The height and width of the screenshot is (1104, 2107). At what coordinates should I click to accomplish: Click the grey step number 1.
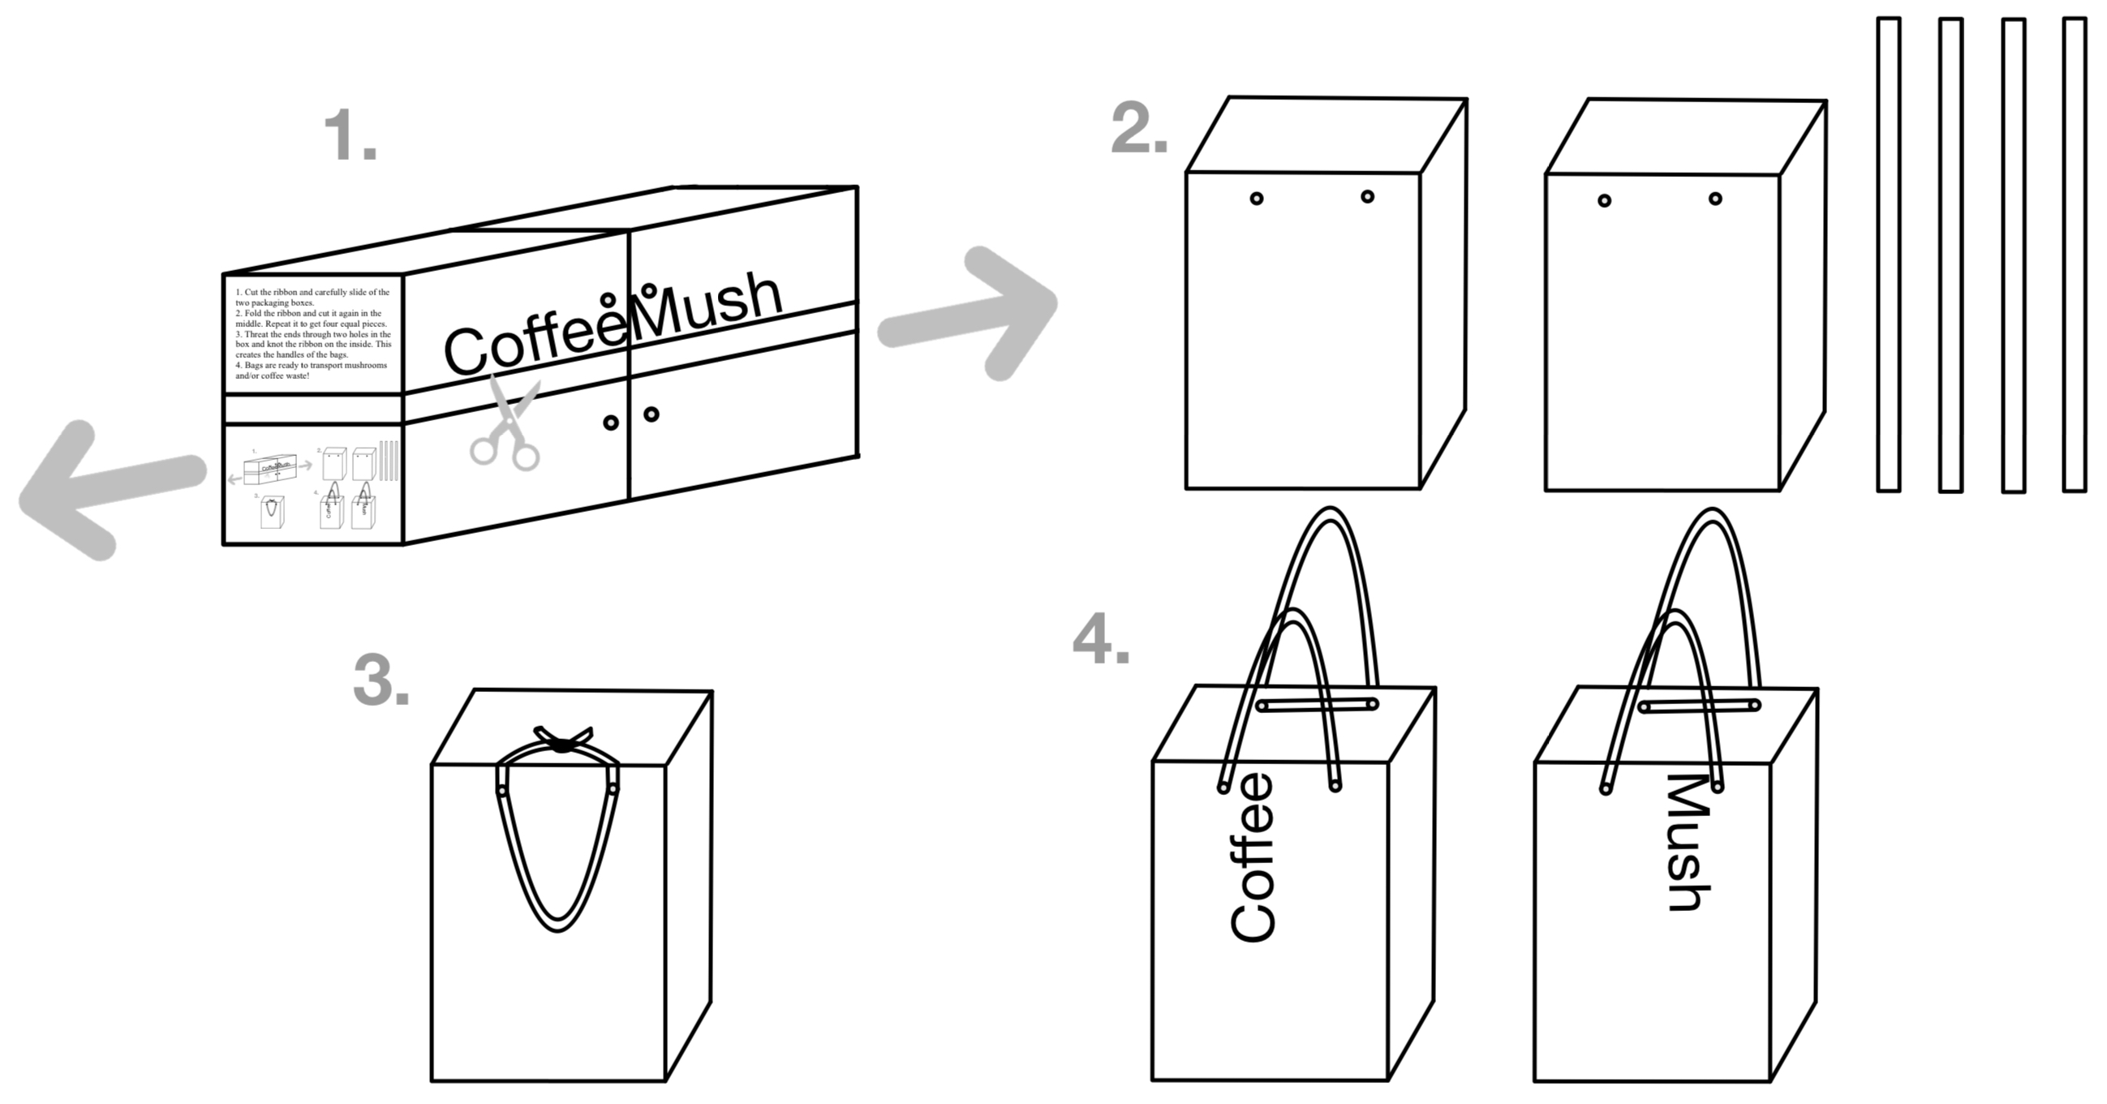click(349, 135)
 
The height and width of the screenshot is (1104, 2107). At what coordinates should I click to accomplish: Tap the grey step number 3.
click(381, 681)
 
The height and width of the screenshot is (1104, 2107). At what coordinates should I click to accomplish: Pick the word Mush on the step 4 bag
click(1688, 842)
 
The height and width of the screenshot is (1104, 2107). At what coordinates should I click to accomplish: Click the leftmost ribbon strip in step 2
click(1888, 255)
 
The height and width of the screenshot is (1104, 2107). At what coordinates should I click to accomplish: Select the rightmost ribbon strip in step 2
click(2075, 255)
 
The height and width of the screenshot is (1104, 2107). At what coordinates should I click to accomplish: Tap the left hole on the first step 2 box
click(1257, 199)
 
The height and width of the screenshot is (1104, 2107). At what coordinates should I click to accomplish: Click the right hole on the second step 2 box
click(1715, 199)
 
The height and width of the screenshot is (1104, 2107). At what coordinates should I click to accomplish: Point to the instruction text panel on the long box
click(313, 333)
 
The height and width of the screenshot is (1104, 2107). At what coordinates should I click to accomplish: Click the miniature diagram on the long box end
click(313, 484)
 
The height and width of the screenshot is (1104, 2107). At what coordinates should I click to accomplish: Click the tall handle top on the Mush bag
click(1709, 513)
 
